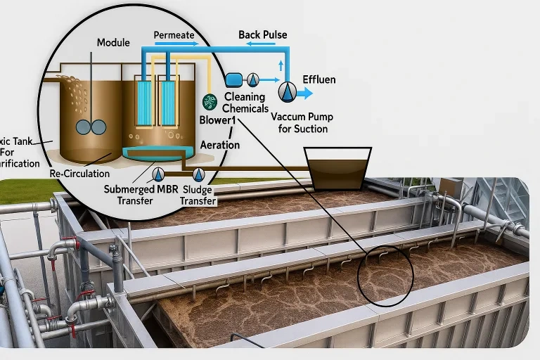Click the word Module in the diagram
tap(112, 43)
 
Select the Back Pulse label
tap(262, 34)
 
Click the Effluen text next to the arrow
tap(319, 79)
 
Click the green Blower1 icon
tap(209, 101)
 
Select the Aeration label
tap(220, 145)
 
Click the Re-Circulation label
tap(79, 173)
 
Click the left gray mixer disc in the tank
tap(84, 127)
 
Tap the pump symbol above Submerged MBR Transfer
tap(159, 174)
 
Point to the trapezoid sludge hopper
tap(337, 169)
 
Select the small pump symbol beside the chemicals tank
tap(253, 79)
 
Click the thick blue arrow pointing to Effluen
tap(305, 92)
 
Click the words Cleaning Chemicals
tap(245, 103)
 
